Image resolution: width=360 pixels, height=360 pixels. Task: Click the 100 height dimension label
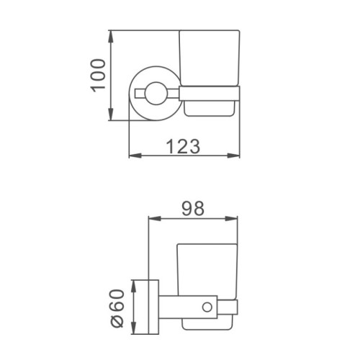98,76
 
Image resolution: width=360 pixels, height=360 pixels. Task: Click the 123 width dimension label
183,146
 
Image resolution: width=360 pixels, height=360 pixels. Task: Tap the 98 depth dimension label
193,208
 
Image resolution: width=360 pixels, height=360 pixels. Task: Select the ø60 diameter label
117,308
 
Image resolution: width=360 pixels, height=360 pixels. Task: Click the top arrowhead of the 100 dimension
110,37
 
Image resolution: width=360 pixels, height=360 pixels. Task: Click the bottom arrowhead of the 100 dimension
110,114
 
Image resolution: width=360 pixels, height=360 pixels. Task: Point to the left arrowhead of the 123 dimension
135,156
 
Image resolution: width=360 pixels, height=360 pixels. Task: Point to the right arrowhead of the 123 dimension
233,156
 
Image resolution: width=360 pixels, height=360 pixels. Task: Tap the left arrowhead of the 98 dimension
155,218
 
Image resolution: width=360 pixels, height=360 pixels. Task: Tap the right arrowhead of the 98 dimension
231,218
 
